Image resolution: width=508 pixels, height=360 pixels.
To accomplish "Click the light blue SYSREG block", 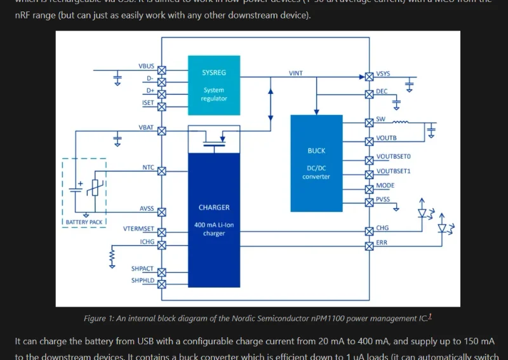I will pos(213,84).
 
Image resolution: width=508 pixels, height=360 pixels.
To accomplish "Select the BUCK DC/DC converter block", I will pos(316,163).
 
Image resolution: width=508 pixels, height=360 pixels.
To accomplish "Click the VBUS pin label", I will pos(146,66).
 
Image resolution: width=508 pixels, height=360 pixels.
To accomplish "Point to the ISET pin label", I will pos(147,102).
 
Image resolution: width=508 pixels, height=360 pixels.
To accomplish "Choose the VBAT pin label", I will pos(146,128).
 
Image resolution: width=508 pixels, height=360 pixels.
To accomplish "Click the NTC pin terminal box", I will pos(161,171).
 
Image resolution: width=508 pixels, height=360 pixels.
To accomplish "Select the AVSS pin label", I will pos(147,209).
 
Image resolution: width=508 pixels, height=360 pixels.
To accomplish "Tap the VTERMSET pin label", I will pos(138,229).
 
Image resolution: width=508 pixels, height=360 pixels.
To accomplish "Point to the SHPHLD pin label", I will pos(142,280).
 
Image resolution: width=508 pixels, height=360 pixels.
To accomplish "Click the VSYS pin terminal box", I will pos(369,76).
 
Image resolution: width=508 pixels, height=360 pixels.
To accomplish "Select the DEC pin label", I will pos(382,91).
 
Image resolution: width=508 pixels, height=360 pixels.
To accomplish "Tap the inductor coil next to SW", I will pos(401,122).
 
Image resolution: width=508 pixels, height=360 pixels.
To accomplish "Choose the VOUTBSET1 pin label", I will pos(393,171).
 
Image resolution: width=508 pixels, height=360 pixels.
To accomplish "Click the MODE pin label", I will pos(385,185).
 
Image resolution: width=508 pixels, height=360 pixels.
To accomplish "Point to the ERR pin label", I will pos(382,243).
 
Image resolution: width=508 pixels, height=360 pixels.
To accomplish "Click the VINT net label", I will pos(296,73).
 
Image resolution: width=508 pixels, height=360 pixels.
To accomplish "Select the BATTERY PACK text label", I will pos(84,222).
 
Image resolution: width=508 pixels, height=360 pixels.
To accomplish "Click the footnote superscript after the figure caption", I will pos(430,316).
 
